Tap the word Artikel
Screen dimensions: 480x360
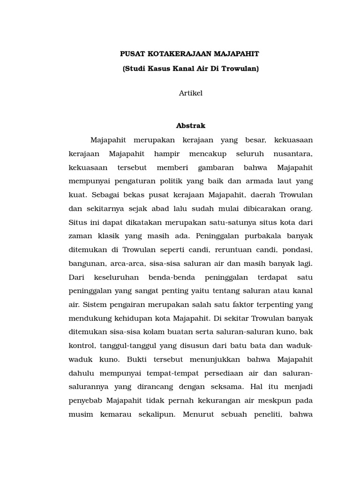click(191, 93)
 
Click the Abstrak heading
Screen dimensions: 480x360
click(191, 126)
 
